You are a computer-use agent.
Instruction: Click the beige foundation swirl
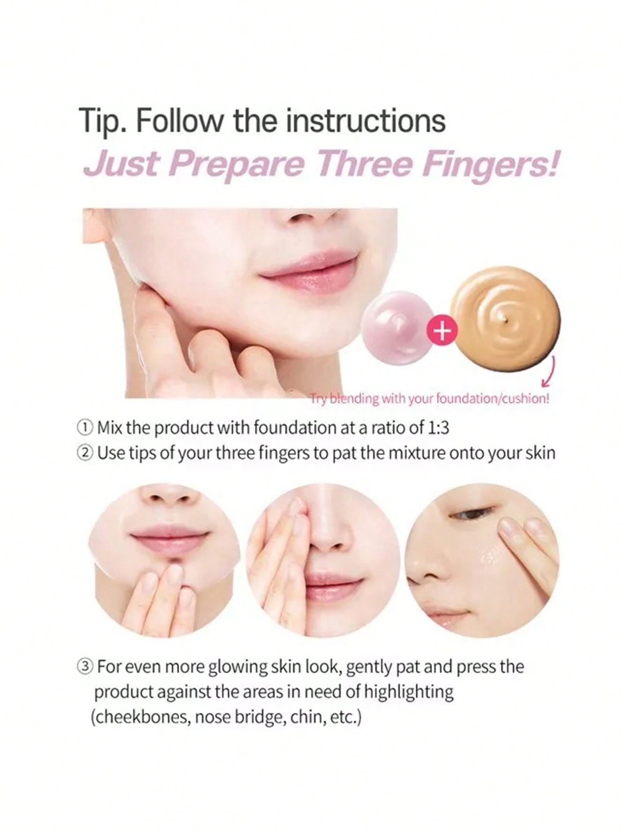506,318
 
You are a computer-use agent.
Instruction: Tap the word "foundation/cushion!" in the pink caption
493,399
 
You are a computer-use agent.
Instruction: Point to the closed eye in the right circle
472,514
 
